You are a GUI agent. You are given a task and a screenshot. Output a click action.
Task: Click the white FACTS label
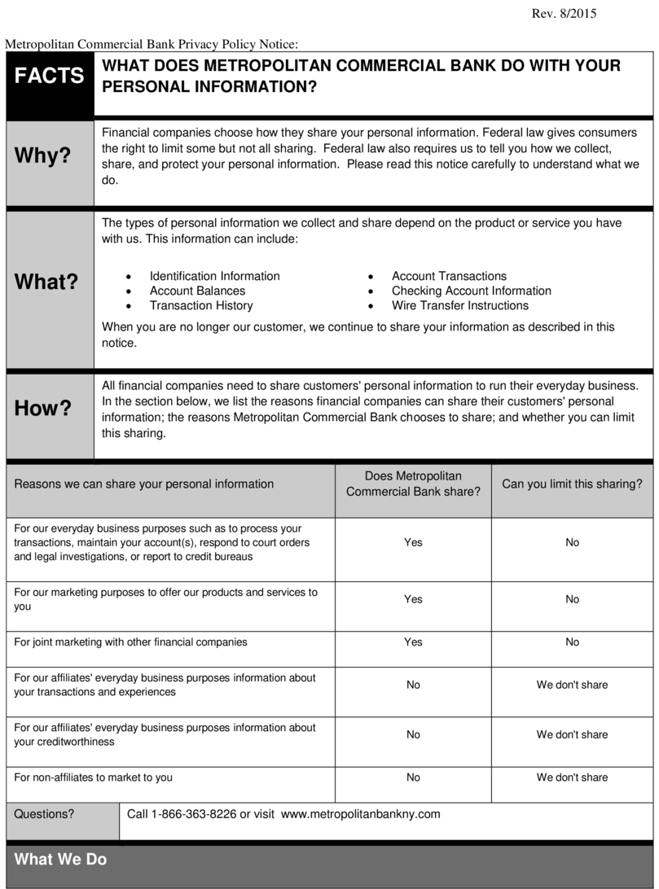(49, 76)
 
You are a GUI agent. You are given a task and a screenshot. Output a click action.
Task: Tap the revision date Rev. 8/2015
(564, 14)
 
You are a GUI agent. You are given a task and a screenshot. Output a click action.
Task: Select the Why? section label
(42, 156)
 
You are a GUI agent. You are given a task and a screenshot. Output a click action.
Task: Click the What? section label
(46, 282)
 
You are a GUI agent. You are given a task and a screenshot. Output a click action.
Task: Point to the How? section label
(43, 409)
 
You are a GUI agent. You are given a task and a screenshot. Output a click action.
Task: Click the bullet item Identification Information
(214, 276)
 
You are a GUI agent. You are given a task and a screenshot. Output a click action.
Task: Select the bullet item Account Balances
(197, 291)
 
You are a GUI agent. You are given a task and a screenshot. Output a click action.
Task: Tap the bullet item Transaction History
(201, 305)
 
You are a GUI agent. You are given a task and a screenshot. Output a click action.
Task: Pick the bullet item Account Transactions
(449, 276)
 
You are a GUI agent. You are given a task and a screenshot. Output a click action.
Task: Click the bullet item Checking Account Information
(471, 291)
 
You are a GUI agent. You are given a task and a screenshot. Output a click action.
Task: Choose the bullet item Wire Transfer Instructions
(459, 305)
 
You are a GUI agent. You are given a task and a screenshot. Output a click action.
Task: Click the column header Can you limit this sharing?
(572, 484)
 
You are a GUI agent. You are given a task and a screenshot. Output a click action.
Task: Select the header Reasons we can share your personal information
(144, 484)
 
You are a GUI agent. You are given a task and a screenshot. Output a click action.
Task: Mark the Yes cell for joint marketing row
(413, 642)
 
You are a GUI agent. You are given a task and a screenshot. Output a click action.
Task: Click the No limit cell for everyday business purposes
(573, 542)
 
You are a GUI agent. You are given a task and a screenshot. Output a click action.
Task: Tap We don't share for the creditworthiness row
(572, 734)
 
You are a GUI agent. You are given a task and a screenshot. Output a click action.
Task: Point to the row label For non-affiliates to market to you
(94, 777)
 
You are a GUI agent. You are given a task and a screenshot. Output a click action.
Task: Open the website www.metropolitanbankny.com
(360, 814)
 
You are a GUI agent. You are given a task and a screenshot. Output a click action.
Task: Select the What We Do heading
(60, 860)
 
